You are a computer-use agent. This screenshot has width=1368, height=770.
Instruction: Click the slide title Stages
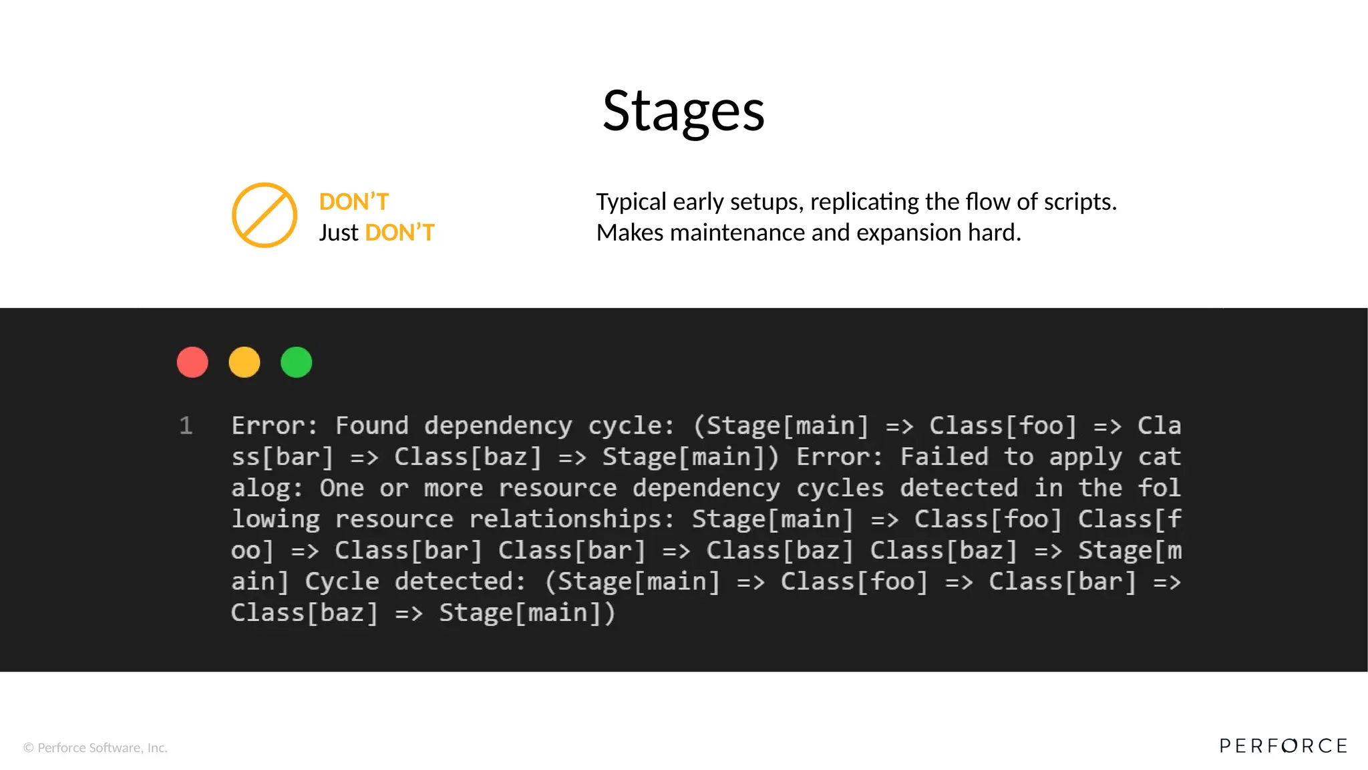tap(683, 112)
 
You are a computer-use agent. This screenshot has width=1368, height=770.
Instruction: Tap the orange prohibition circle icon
tap(265, 215)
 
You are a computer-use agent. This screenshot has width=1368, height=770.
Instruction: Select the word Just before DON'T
tap(339, 233)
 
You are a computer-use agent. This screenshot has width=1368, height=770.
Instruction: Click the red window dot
tap(192, 362)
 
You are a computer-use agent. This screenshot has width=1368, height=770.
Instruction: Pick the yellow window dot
tap(244, 362)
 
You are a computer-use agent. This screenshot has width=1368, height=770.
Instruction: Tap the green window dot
tap(297, 362)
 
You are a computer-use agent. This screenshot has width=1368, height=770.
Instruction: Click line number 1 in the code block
tap(186, 426)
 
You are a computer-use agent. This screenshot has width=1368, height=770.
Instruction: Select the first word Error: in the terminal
tap(275, 426)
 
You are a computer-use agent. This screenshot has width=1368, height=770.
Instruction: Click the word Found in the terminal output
tap(371, 426)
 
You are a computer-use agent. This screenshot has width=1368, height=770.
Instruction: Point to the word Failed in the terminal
tap(944, 457)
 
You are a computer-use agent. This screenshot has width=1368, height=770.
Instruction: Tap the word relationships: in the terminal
tap(572, 519)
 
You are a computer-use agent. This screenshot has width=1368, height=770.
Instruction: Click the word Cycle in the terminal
tap(342, 582)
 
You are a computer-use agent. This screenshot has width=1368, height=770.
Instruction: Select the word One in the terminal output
tap(341, 488)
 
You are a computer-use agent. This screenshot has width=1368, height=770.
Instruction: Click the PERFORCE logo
tap(1283, 746)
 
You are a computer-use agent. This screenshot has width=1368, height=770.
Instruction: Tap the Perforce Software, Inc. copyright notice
tap(96, 748)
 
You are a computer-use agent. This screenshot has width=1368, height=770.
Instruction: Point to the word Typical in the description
tap(631, 202)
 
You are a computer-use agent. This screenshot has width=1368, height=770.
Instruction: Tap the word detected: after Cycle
tap(460, 582)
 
